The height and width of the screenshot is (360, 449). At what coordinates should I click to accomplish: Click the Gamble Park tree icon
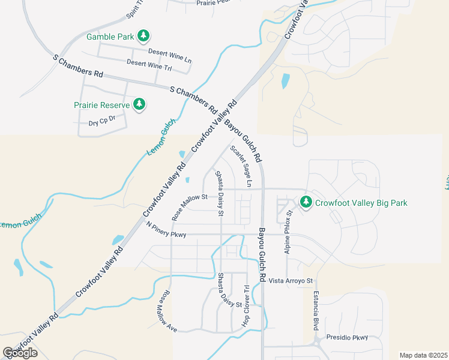tap(143, 37)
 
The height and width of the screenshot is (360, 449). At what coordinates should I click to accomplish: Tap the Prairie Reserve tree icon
tap(139, 105)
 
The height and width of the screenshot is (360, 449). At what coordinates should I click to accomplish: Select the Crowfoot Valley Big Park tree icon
tap(306, 203)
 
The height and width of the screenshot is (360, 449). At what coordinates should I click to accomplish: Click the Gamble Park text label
tap(110, 37)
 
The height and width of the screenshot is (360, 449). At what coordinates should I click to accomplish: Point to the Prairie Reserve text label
tap(101, 105)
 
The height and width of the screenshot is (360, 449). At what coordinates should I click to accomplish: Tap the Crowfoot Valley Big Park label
tap(361, 203)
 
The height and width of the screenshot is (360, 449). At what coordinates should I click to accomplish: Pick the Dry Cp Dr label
tap(101, 123)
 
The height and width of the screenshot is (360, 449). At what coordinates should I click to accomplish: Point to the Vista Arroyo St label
tap(291, 280)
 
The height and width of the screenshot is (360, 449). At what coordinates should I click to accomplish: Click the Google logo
tap(20, 352)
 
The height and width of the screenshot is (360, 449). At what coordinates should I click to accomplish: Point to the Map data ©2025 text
tap(424, 355)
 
